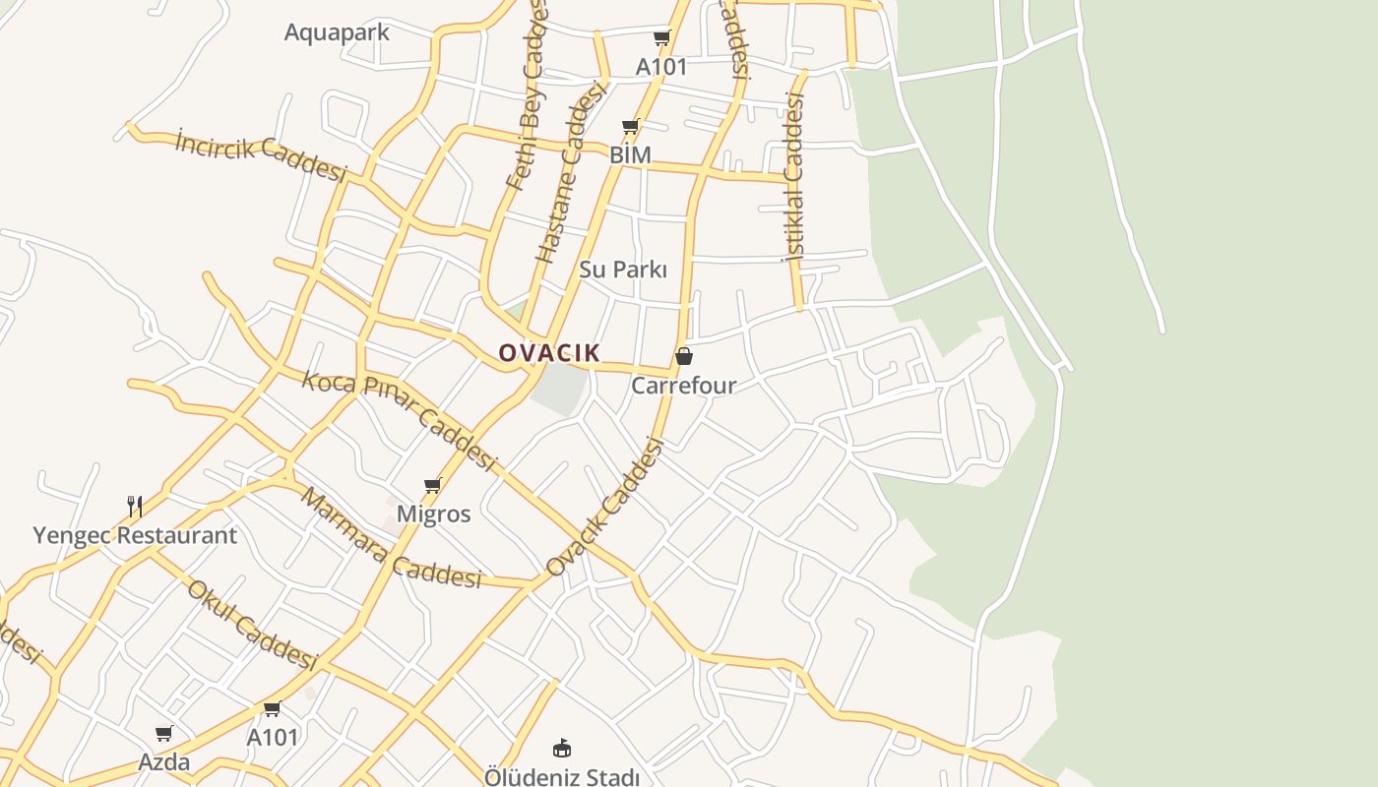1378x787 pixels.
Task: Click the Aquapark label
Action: tap(337, 32)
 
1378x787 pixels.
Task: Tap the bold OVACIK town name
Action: tap(549, 352)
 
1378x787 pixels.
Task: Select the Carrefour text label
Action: tap(683, 385)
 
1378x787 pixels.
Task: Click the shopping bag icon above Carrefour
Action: tap(684, 356)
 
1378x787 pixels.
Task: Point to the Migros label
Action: tap(433, 514)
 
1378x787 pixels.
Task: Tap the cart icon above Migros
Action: tap(432, 485)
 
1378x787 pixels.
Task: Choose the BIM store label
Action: tap(630, 155)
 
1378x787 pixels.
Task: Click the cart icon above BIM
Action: tap(631, 126)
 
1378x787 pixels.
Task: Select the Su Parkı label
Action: tap(623, 270)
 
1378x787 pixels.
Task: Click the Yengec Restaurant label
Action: tap(135, 535)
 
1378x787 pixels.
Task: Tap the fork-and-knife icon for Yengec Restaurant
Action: tap(135, 507)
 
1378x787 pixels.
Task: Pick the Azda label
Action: tap(164, 761)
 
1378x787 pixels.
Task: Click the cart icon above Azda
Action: tap(164, 733)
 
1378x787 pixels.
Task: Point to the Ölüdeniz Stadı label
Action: tap(562, 777)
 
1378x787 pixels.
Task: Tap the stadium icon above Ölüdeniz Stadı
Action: tap(562, 749)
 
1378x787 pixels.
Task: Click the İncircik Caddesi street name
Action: tap(261, 156)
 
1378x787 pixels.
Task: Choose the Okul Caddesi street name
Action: tap(251, 624)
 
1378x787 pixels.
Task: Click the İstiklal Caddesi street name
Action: tap(793, 177)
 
